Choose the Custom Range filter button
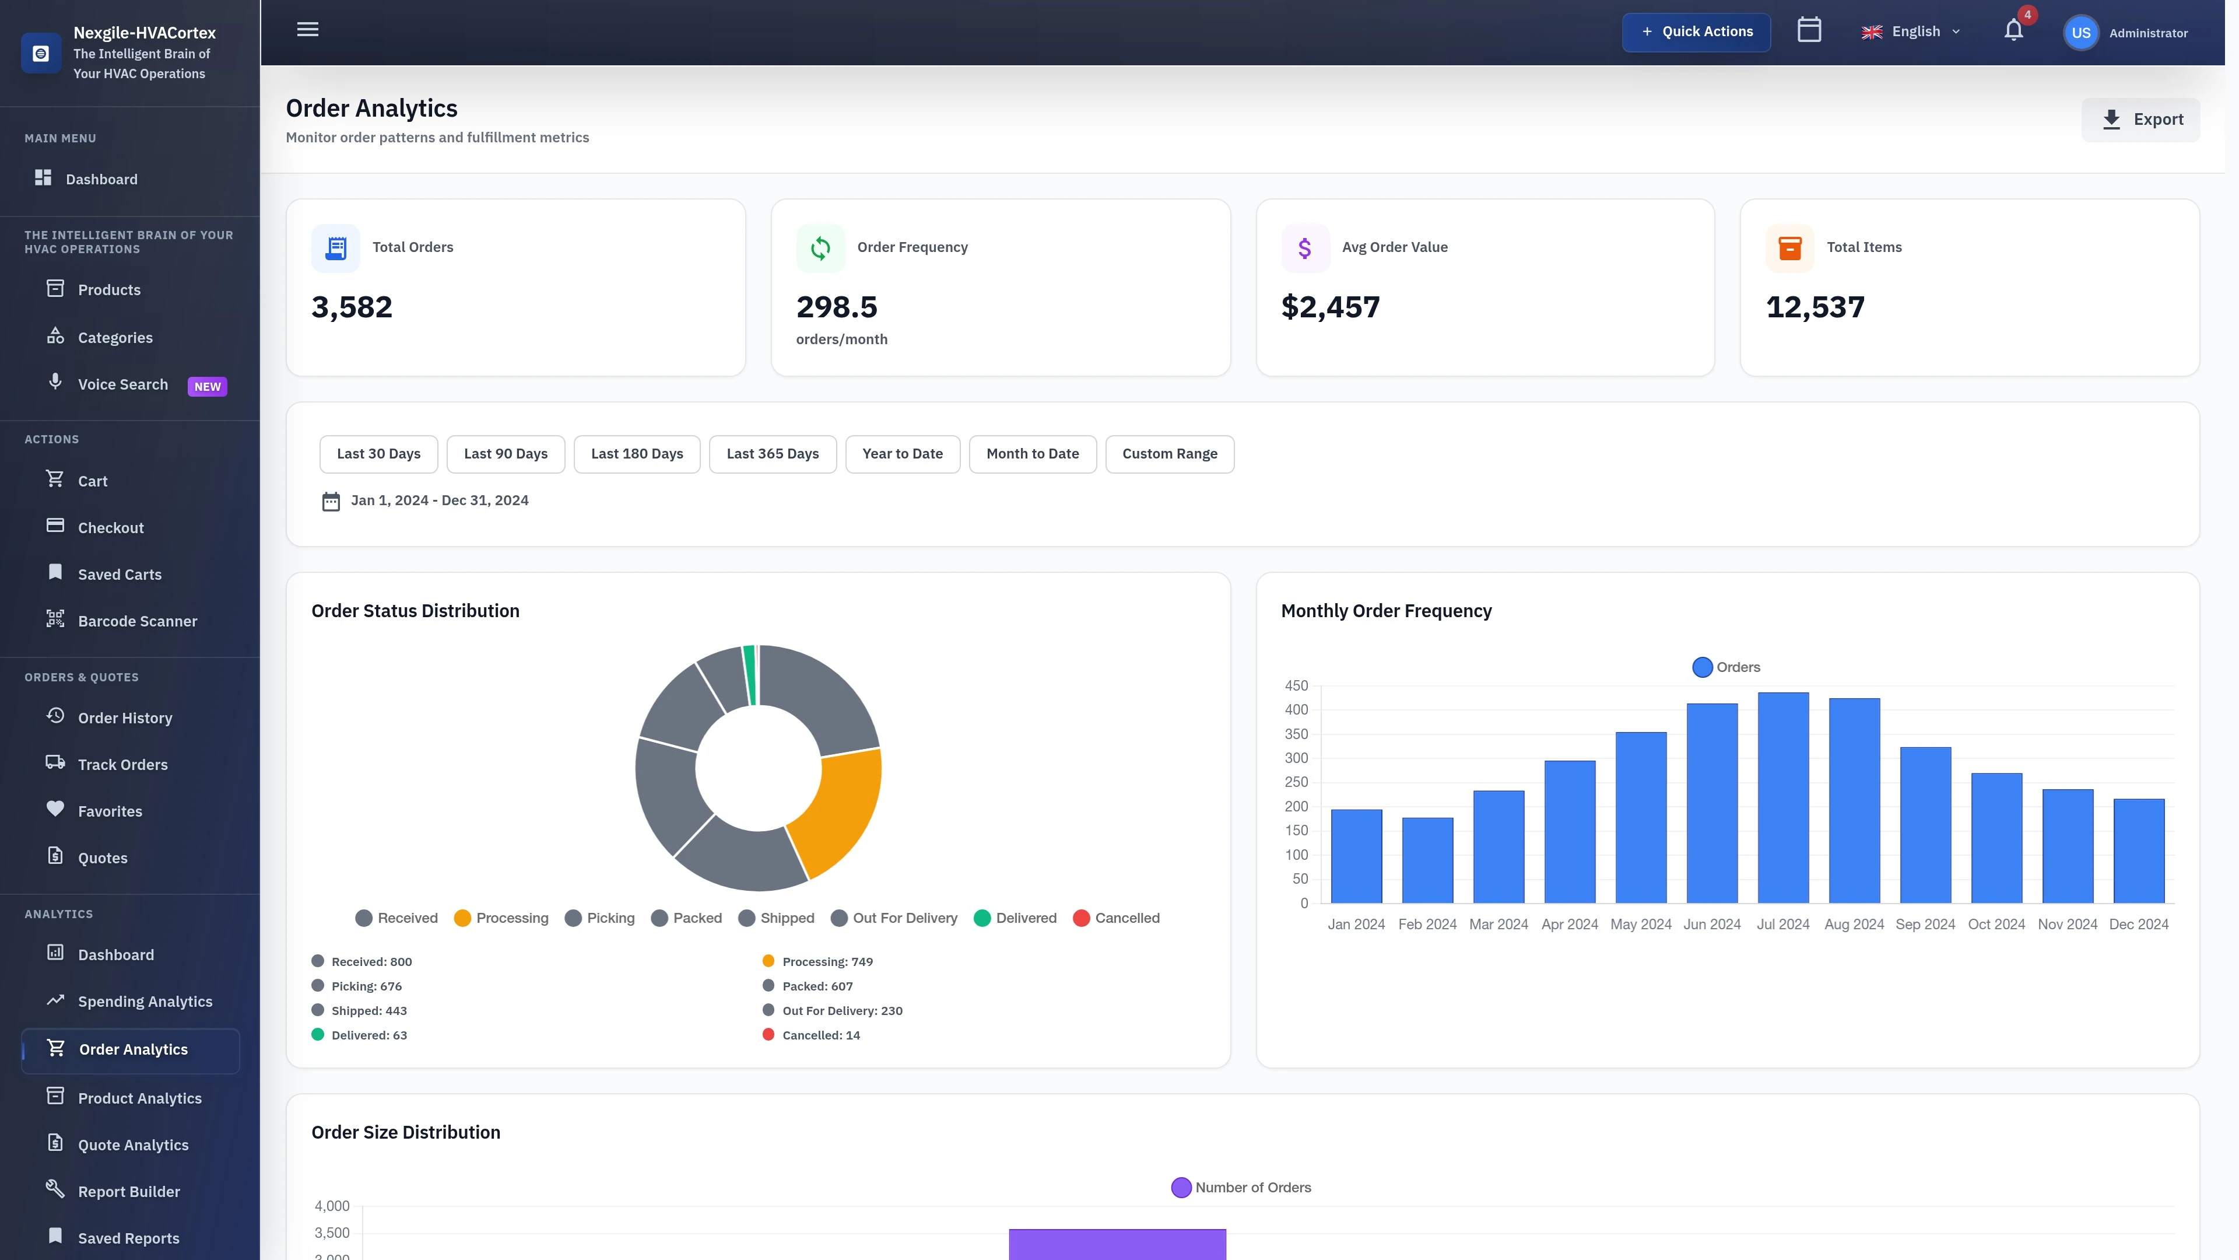(x=1169, y=454)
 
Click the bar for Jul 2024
(x=1782, y=797)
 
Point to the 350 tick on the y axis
(x=1296, y=734)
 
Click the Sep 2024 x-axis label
(x=1924, y=925)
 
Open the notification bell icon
(x=2013, y=32)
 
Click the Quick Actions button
(x=1696, y=32)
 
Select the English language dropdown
(x=1911, y=32)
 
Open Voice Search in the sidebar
(x=122, y=384)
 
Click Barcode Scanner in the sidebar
(x=138, y=621)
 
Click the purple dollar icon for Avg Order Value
(x=1305, y=249)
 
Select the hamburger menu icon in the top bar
(x=308, y=30)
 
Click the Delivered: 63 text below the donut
(x=369, y=1035)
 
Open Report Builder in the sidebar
(x=129, y=1191)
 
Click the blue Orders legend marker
(x=1702, y=667)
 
